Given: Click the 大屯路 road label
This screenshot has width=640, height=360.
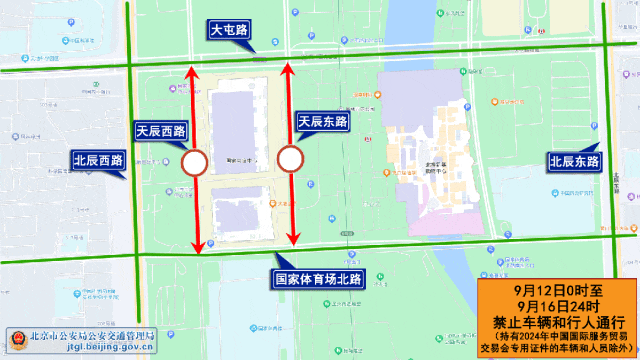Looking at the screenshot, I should pyautogui.click(x=231, y=31).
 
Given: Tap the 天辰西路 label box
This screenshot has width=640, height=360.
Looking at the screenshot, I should pyautogui.click(x=161, y=131).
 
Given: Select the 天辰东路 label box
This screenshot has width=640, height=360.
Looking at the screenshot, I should pyautogui.click(x=323, y=121).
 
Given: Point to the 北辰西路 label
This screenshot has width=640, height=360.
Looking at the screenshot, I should pyautogui.click(x=97, y=159).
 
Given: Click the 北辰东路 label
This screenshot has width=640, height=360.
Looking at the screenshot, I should pyautogui.click(x=574, y=160).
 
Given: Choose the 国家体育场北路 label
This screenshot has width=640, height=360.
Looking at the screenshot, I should pyautogui.click(x=319, y=277).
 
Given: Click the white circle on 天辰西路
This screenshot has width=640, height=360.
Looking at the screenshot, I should pyautogui.click(x=194, y=162).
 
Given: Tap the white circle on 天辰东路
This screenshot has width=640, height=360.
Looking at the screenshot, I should pyautogui.click(x=290, y=159).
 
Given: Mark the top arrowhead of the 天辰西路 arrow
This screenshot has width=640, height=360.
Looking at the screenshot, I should pyautogui.click(x=193, y=71).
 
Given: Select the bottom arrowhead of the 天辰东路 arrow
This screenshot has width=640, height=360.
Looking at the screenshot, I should pyautogui.click(x=294, y=239).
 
